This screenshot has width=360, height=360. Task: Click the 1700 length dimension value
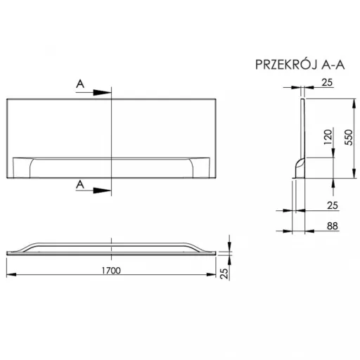tap(111, 271)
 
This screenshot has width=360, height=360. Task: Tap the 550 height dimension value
tap(349, 137)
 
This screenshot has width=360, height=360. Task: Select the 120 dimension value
tap(328, 137)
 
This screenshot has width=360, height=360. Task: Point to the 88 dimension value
tap(333, 226)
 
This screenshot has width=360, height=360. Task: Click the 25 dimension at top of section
tap(327, 82)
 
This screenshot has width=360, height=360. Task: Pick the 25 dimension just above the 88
tap(333, 205)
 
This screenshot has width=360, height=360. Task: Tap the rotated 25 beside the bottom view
tap(224, 274)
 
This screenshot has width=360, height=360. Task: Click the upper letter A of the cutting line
tap(80, 84)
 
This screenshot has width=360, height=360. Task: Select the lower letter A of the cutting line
tap(80, 185)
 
